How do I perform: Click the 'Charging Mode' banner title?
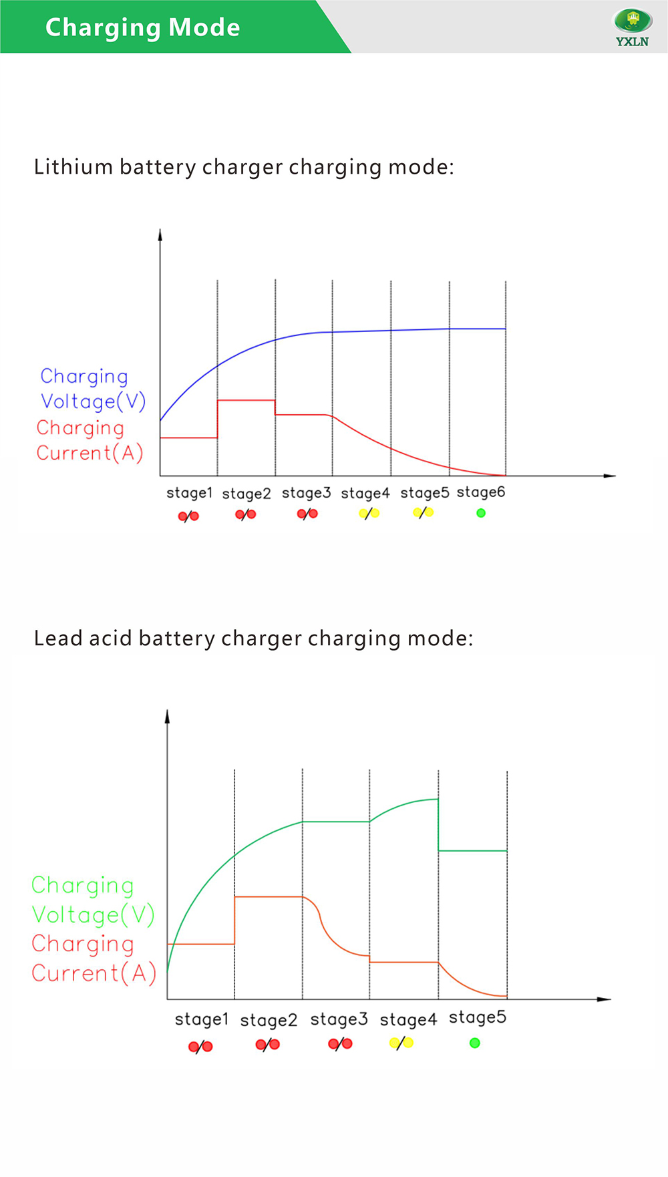point(142,27)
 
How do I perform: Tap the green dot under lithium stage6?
point(481,513)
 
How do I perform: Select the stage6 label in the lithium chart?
point(481,492)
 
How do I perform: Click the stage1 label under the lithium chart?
point(189,493)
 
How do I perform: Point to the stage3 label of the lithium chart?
point(306,493)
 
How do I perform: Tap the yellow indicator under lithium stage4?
point(369,513)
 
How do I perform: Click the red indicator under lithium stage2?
point(245,514)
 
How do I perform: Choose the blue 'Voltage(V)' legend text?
point(93,401)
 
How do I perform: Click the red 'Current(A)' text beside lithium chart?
point(90,453)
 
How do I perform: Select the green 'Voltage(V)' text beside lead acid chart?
point(93,914)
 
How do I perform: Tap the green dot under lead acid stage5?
point(475,1043)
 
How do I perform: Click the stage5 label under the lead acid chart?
point(478,1017)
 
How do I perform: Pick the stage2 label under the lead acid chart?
point(269,1020)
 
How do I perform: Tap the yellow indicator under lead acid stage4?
point(401,1043)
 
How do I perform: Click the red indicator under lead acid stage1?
point(200,1047)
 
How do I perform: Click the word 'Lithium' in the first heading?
point(73,166)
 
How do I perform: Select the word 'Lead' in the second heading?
point(59,638)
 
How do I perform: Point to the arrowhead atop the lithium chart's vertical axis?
point(160,234)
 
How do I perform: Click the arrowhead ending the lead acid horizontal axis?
point(605,999)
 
